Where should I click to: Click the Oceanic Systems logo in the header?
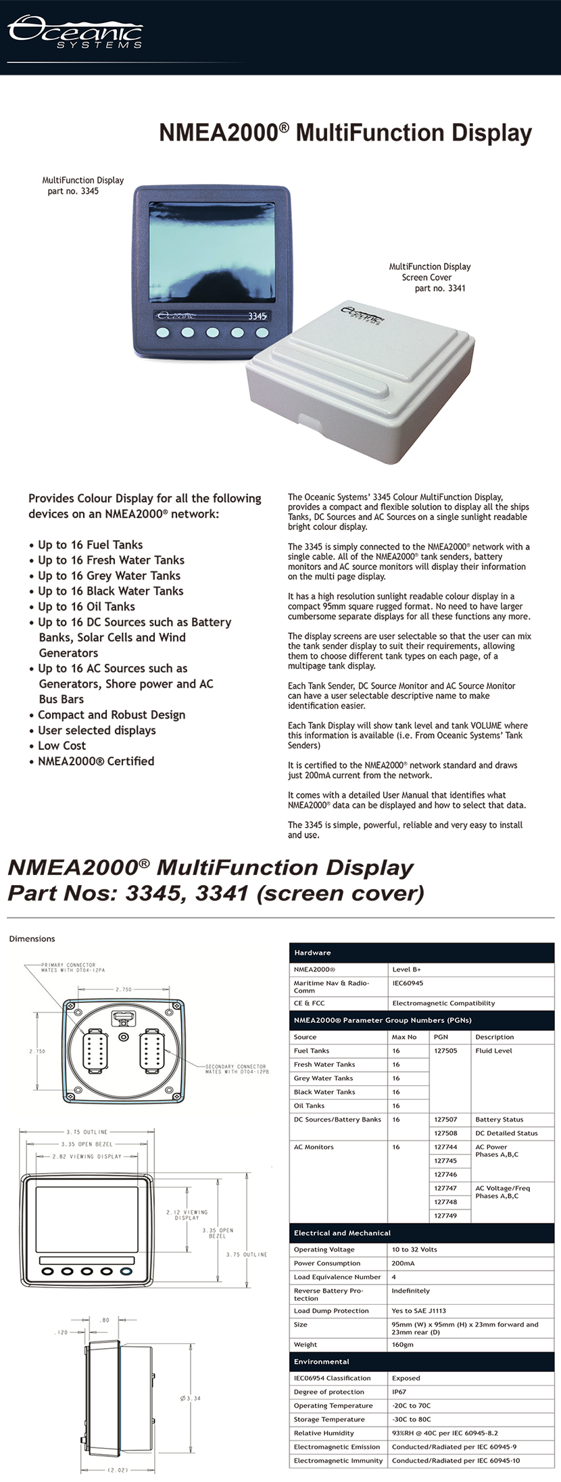74,32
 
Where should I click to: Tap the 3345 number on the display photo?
257,316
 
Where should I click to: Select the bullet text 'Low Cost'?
62,746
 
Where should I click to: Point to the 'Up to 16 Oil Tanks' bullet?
87,606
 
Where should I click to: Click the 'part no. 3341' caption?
440,288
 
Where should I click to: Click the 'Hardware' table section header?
312,953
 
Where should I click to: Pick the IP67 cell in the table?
399,1391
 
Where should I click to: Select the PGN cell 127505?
445,1051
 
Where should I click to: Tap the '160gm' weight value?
403,1345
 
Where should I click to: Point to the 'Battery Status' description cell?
499,1120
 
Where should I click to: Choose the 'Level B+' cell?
406,970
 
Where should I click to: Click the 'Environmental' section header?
322,1362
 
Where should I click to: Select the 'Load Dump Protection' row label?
331,1311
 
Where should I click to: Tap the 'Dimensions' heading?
32,938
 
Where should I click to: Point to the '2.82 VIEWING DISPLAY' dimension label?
87,1156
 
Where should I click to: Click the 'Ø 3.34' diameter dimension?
191,1398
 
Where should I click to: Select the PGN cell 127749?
445,1216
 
